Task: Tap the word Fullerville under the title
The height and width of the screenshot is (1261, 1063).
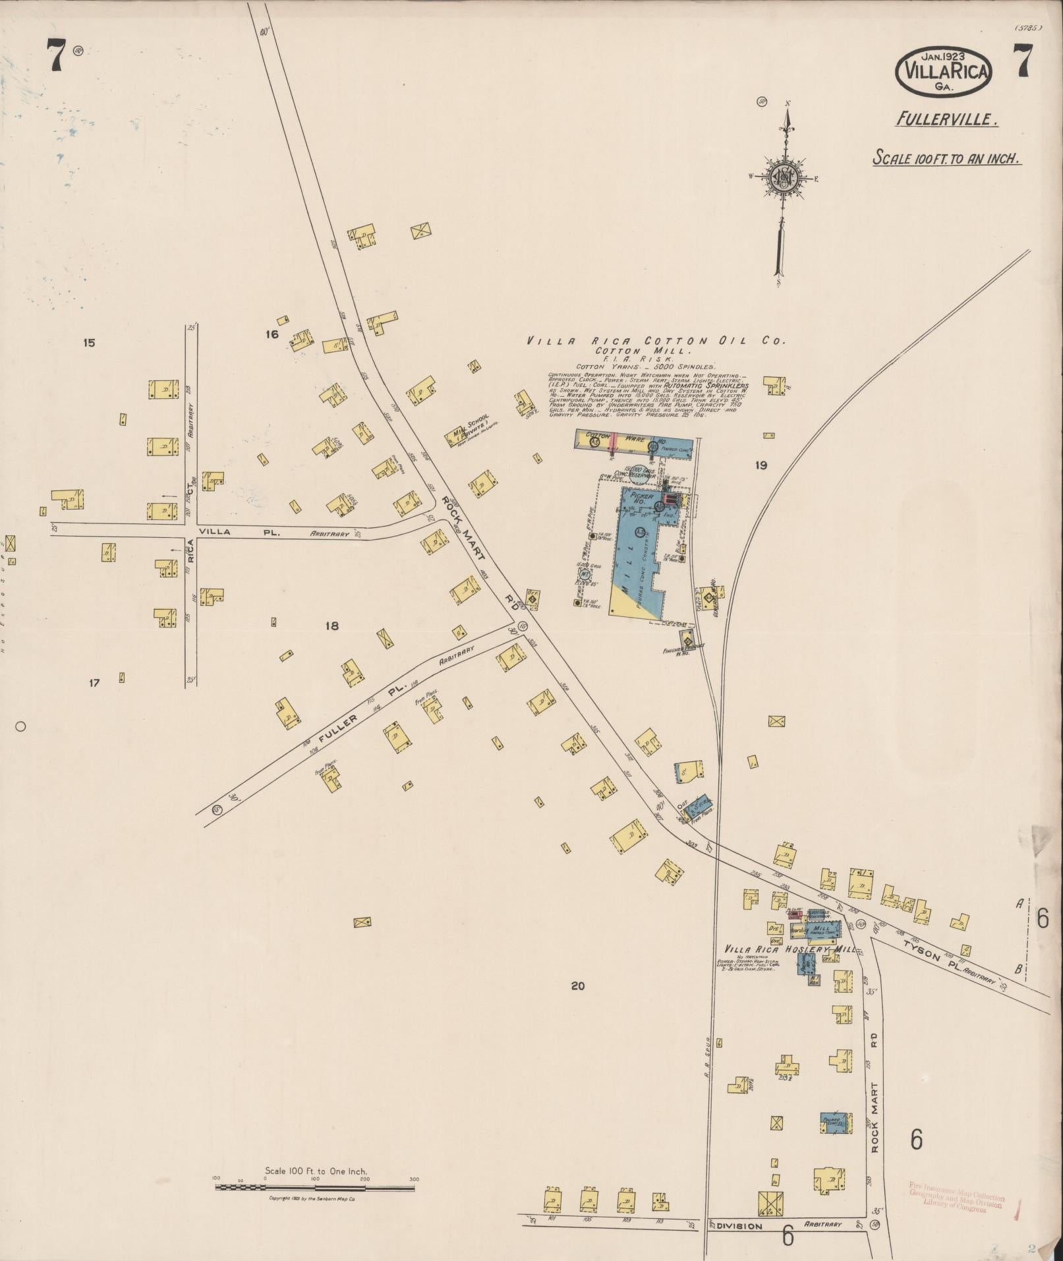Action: click(946, 119)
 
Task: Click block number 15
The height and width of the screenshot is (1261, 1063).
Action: click(89, 343)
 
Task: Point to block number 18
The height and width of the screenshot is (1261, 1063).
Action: click(331, 626)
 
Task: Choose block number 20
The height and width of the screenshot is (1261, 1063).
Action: click(577, 986)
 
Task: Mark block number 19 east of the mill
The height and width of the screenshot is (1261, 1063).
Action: click(761, 465)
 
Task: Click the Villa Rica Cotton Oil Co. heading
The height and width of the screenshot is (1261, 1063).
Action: click(656, 341)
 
